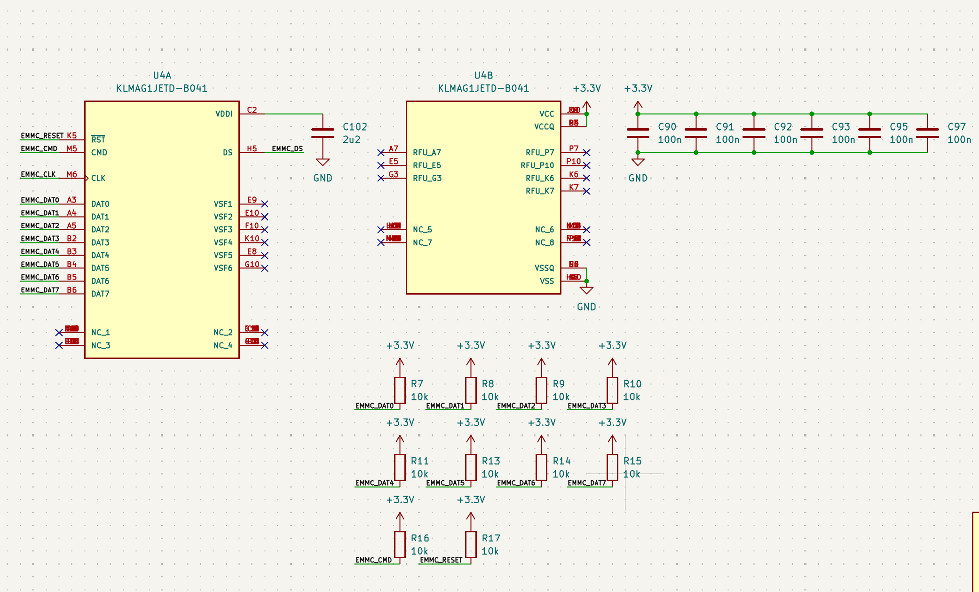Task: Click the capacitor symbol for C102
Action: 323,133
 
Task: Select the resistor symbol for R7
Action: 400,390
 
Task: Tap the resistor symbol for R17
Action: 471,544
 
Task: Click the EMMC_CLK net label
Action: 38,174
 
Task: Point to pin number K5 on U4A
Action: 71,135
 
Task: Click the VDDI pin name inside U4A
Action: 224,114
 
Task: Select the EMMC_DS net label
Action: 287,148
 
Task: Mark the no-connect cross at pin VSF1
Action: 265,204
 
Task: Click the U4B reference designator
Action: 483,75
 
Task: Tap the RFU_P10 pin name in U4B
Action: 537,165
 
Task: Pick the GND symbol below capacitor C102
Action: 323,163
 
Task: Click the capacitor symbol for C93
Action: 812,133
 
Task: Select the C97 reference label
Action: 956,127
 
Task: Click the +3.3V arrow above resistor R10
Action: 612,362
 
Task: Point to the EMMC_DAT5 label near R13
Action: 445,483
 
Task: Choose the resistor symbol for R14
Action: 541,467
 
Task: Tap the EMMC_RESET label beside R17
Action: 441,560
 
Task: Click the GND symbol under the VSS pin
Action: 586,290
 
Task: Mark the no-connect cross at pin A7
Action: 381,153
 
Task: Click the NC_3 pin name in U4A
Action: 101,345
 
